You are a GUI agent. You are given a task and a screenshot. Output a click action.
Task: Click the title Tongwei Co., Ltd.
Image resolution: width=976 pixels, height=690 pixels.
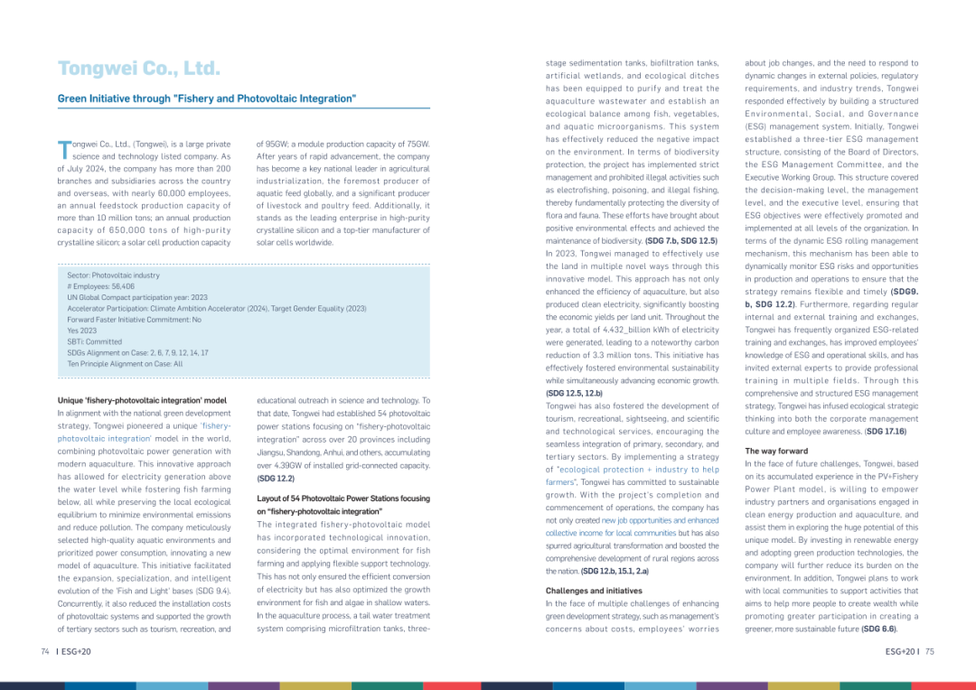point(139,69)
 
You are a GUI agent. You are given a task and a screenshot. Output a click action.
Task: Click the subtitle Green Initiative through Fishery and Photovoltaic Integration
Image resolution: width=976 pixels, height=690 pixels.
point(207,98)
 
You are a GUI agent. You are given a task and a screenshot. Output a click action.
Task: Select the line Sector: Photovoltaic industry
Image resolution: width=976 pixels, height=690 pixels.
point(113,274)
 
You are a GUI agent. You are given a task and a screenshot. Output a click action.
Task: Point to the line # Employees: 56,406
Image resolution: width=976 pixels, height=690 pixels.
point(100,285)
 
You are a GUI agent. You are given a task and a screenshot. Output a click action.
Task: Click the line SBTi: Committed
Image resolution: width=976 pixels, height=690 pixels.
point(95,341)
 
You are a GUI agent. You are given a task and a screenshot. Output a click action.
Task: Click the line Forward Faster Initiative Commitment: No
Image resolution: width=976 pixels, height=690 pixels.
point(134,319)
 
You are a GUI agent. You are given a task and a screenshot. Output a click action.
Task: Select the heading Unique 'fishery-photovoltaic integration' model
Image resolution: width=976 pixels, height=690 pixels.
point(142,399)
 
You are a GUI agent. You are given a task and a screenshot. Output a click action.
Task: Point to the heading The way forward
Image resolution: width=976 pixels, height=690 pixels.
point(776,450)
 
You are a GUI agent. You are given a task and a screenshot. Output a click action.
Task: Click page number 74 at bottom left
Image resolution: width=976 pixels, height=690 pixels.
point(44,650)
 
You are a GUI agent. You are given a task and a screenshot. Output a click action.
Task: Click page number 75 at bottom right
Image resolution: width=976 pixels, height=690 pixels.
point(930,650)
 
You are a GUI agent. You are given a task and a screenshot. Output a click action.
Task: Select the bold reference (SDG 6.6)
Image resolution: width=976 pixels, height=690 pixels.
point(880,629)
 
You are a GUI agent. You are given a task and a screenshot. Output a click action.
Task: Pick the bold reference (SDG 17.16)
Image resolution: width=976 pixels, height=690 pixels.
point(886,432)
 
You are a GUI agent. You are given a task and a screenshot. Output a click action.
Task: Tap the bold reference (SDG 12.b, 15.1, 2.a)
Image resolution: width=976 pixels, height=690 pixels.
point(615,571)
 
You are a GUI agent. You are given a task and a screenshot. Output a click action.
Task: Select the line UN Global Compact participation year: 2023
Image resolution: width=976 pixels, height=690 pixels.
point(137,296)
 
